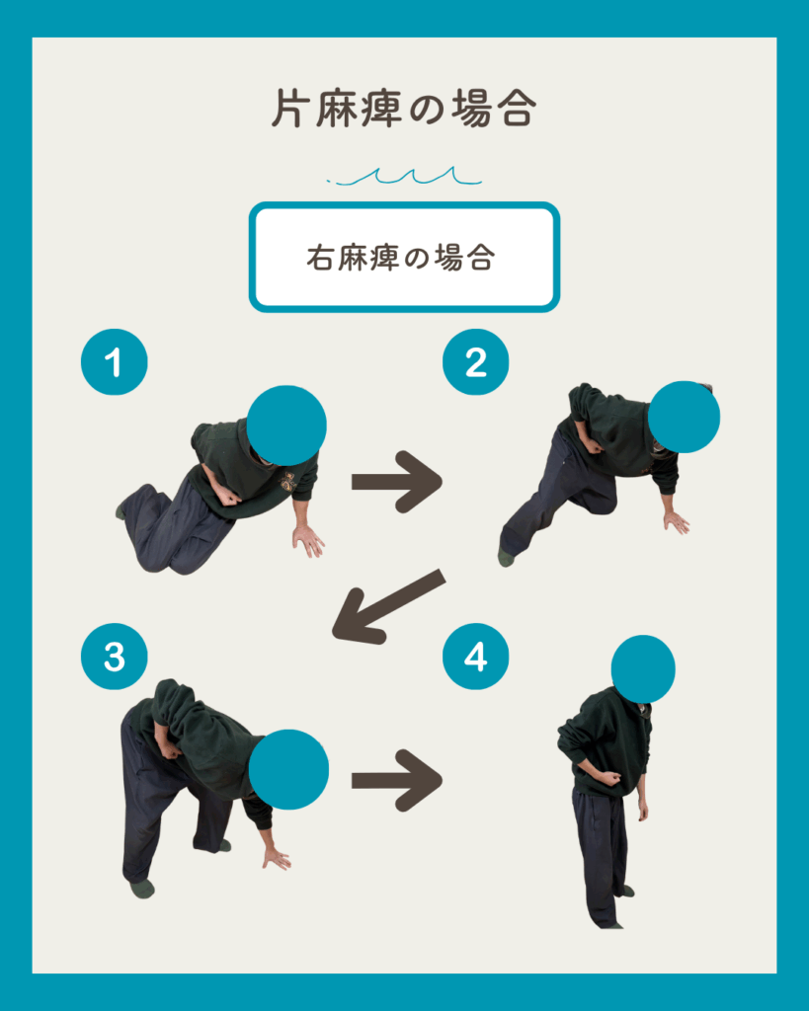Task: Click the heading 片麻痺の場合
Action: (x=404, y=109)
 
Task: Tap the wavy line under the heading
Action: (x=405, y=177)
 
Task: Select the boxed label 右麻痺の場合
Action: (x=405, y=258)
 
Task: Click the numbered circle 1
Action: (x=115, y=361)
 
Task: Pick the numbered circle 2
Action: (x=475, y=361)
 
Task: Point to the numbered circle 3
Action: (x=115, y=657)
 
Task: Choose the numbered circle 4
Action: (x=475, y=657)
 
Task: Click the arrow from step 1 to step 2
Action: (x=397, y=482)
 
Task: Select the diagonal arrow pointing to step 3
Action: (x=388, y=607)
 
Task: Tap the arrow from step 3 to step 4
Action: (x=397, y=780)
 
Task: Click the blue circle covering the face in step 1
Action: (x=286, y=426)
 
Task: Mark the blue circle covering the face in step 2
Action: (x=684, y=417)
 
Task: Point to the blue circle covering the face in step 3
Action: (x=288, y=770)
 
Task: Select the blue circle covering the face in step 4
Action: (x=643, y=669)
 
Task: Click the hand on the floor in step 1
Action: (x=308, y=540)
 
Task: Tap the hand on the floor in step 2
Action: (x=676, y=522)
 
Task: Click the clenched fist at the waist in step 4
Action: (x=610, y=777)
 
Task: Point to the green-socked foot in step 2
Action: (x=507, y=557)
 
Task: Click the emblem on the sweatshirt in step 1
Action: (x=287, y=481)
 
